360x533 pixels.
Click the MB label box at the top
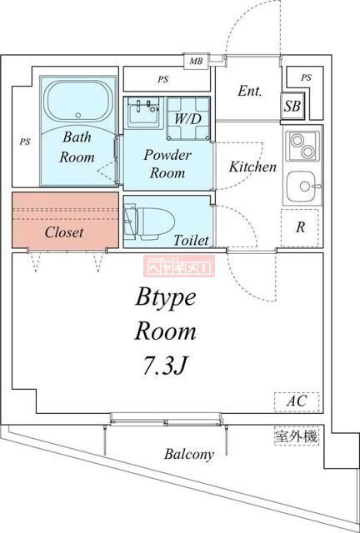coord(196,61)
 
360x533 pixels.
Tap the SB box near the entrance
coord(292,106)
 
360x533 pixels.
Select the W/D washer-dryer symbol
coord(187,117)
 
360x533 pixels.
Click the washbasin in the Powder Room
coord(144,113)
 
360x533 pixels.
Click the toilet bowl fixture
coord(150,222)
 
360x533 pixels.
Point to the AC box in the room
coord(297,401)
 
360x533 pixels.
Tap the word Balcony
coord(188,455)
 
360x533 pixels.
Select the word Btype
coord(166,297)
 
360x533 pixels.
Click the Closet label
coord(63,232)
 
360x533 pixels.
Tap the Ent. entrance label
coord(251,91)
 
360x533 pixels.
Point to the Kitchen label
coord(252,167)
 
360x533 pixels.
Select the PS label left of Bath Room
coord(25,142)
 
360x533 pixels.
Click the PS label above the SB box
coord(306,78)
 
